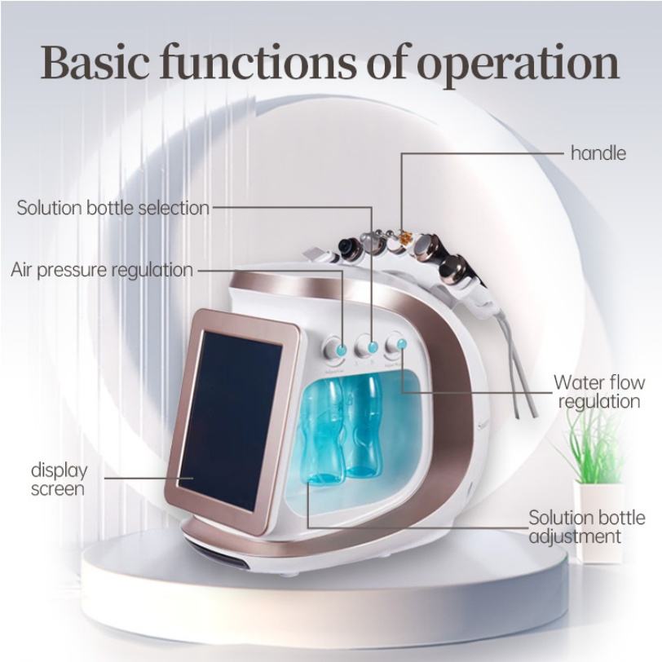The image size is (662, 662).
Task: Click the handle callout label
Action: [x=598, y=152]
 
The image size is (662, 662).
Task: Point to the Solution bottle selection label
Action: [x=113, y=208]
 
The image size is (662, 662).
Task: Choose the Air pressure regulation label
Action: [x=102, y=269]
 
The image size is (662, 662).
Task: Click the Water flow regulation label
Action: [x=597, y=391]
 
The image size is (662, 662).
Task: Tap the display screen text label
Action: [x=59, y=479]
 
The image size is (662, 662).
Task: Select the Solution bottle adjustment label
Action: [x=586, y=527]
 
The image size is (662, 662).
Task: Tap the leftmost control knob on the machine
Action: [x=337, y=348]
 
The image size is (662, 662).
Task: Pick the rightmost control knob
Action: [x=399, y=344]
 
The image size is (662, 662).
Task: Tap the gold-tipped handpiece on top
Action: [x=399, y=237]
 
